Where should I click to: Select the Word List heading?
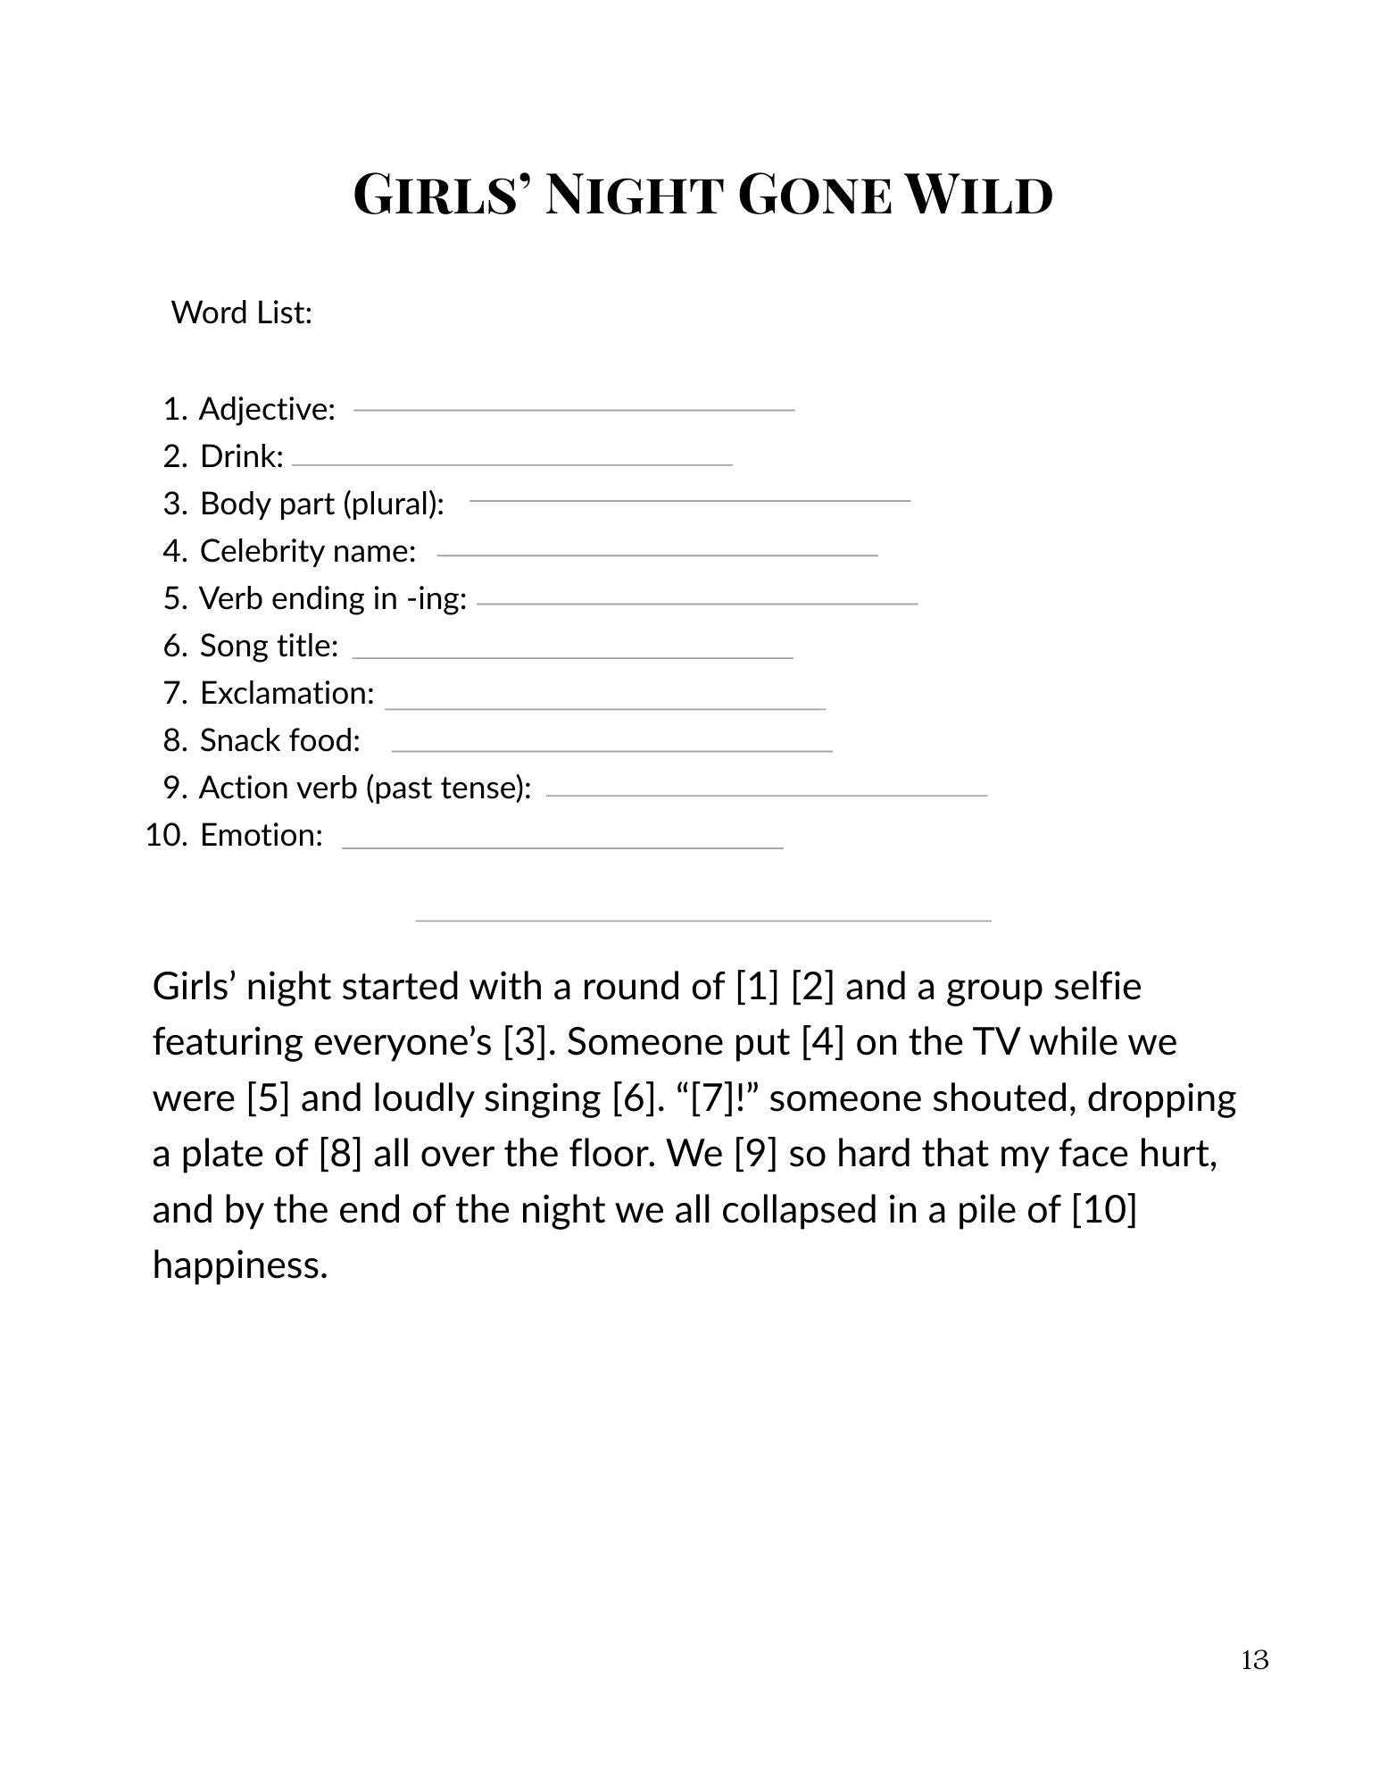(241, 313)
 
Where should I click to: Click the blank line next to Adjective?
(574, 410)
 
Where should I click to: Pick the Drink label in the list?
(241, 456)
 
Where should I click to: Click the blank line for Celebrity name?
(657, 555)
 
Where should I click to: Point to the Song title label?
(269, 646)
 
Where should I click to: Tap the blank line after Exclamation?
(605, 709)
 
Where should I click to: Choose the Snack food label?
(279, 740)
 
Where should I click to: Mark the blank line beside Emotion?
(562, 847)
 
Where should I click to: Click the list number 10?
(166, 835)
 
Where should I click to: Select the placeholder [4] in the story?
(822, 1042)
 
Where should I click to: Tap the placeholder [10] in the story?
(1103, 1210)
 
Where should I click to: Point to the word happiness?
(240, 1265)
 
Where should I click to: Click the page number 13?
(1254, 1660)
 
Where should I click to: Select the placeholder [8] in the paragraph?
(340, 1154)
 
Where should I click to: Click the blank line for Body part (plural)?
(690, 501)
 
